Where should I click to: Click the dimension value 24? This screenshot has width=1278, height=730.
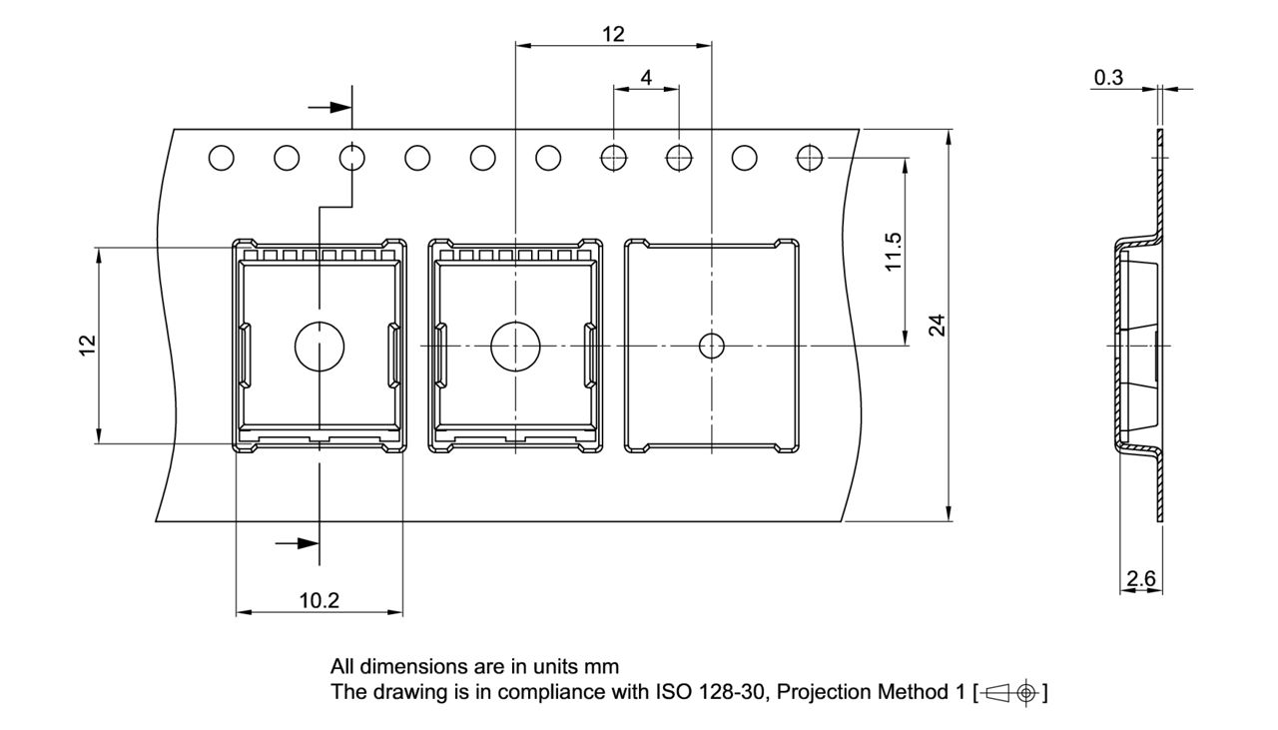tap(937, 325)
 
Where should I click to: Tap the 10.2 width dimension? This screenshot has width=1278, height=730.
tap(319, 600)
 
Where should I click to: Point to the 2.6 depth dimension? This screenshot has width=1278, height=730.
tap(1140, 577)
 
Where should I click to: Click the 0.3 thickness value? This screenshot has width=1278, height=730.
tap(1108, 77)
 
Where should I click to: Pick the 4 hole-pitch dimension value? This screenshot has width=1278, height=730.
tap(646, 77)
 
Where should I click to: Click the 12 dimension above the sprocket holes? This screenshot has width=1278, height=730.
tap(613, 34)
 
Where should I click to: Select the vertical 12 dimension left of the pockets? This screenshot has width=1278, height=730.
tap(88, 344)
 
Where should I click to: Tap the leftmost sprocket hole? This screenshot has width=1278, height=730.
tap(221, 157)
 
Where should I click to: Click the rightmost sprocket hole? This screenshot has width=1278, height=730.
tap(810, 157)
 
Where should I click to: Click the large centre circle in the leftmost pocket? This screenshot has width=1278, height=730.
tap(319, 346)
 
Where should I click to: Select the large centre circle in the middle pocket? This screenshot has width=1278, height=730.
tap(514, 346)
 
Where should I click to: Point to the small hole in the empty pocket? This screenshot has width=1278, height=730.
tap(711, 346)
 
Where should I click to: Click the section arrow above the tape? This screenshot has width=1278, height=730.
tap(325, 107)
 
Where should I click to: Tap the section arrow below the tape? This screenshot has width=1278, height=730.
tap(297, 543)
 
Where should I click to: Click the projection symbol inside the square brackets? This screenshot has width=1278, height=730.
tap(1011, 692)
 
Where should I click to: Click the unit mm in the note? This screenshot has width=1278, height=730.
tap(602, 666)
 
